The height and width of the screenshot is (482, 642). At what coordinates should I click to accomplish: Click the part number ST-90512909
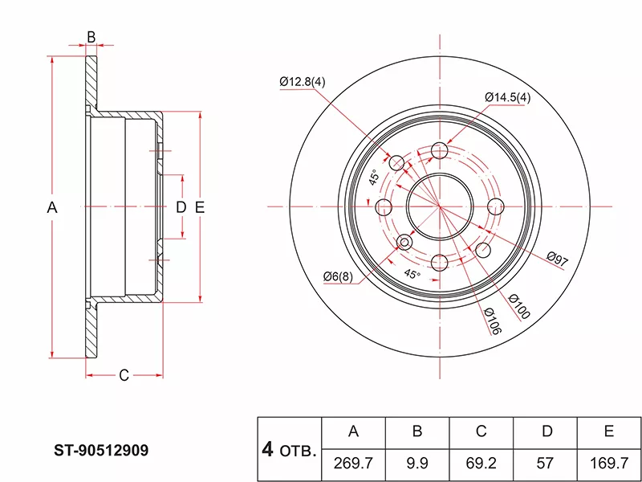pyautogui.click(x=100, y=450)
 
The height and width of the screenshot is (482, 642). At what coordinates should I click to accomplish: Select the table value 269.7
pyautogui.click(x=353, y=464)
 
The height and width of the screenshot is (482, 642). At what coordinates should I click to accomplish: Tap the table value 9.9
pyautogui.click(x=417, y=464)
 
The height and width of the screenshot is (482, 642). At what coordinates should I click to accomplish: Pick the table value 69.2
pyautogui.click(x=481, y=464)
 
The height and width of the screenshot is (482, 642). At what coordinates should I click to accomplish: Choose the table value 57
pyautogui.click(x=547, y=464)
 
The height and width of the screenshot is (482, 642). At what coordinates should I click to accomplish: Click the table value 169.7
pyautogui.click(x=609, y=464)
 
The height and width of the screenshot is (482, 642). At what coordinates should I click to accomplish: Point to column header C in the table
pyautogui.click(x=481, y=432)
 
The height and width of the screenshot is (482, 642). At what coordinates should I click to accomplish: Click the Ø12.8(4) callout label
pyautogui.click(x=302, y=82)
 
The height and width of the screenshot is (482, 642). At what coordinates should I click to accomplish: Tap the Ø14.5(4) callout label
pyautogui.click(x=507, y=97)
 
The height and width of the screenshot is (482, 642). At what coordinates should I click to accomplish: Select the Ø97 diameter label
pyautogui.click(x=557, y=259)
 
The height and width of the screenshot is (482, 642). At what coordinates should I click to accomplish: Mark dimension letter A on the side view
pyautogui.click(x=52, y=207)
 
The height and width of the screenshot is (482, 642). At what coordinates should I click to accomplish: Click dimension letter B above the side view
pyautogui.click(x=91, y=37)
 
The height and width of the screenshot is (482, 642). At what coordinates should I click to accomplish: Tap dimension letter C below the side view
pyautogui.click(x=124, y=375)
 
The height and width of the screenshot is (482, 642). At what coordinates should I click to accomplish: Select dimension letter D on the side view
pyautogui.click(x=181, y=207)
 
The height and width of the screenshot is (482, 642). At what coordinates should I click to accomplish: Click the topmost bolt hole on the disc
pyautogui.click(x=439, y=150)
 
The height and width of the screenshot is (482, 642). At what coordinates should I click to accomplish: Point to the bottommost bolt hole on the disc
pyautogui.click(x=439, y=263)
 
